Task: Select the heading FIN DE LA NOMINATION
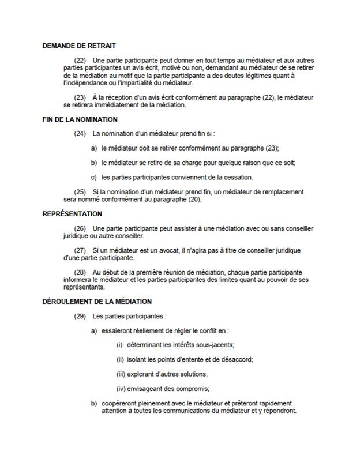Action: (x=80, y=119)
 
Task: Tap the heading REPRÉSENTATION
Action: (x=72, y=214)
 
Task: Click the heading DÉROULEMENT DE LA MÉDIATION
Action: (x=97, y=302)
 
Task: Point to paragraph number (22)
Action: (x=80, y=60)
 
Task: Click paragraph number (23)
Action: (x=80, y=97)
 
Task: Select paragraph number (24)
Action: (x=80, y=134)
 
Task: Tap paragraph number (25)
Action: (x=80, y=191)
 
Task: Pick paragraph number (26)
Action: (x=80, y=228)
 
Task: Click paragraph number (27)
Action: (x=80, y=250)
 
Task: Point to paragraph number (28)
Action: (x=80, y=272)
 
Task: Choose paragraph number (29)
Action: (x=80, y=316)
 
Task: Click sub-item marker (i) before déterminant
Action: (x=120, y=344)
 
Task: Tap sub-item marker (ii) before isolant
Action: (x=120, y=359)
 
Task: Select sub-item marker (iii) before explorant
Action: (x=121, y=373)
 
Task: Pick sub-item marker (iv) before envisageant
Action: (x=121, y=388)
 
